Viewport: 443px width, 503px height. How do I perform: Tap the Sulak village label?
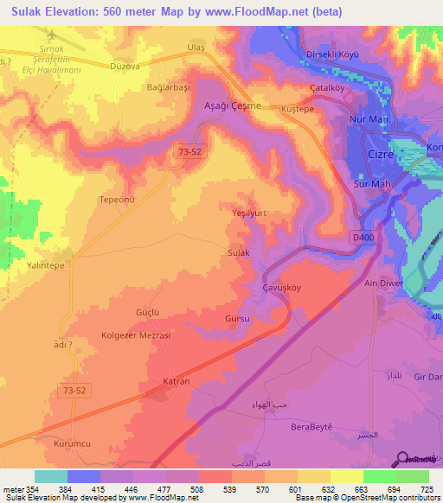pyautogui.click(x=238, y=252)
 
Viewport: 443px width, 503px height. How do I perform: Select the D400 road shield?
pyautogui.click(x=363, y=236)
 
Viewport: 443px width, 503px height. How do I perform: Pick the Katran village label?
pyautogui.click(x=177, y=380)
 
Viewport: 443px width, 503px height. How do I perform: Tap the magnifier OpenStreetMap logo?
pyautogui.click(x=402, y=458)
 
